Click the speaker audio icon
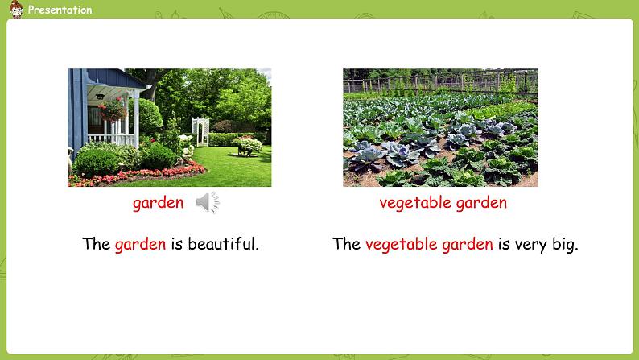point(208,202)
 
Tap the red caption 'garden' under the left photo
point(158,203)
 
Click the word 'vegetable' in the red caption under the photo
point(415,202)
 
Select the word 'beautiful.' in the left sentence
point(223,244)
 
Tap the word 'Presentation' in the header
point(60,10)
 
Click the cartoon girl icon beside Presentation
point(16,9)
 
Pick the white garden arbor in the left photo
point(200,131)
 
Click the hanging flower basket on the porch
point(113,110)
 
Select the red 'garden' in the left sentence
point(141,245)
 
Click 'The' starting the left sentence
point(97,244)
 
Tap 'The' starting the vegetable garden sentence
point(346,244)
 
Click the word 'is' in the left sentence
point(177,244)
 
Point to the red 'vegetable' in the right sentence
point(402,244)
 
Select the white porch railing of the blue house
point(112,139)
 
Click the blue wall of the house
point(77,111)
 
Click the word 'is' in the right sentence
point(504,244)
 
